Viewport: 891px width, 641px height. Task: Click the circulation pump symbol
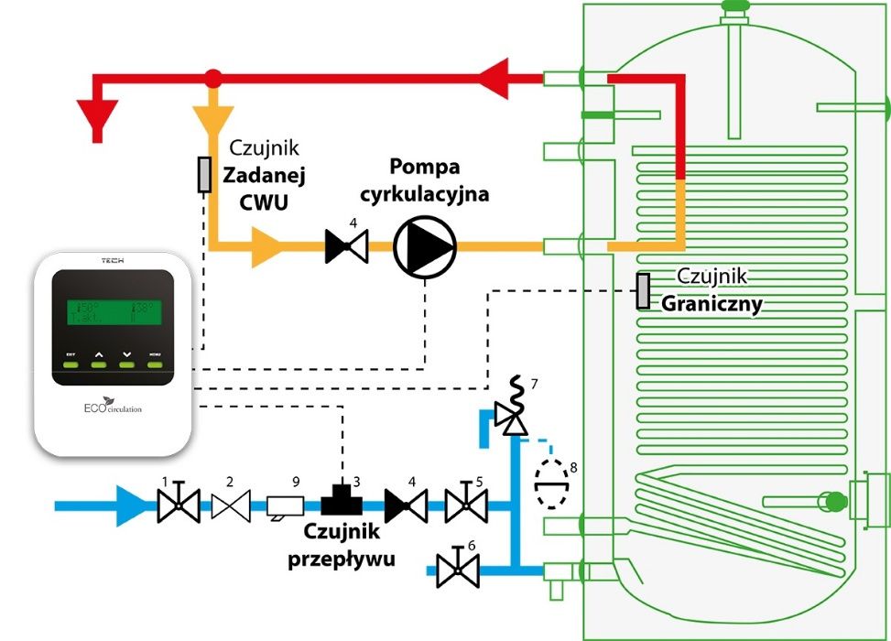pos(425,246)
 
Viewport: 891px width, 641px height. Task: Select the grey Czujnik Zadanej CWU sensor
pos(204,175)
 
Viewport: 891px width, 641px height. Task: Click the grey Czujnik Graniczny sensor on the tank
pos(644,291)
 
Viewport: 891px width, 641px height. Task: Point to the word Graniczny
pos(712,304)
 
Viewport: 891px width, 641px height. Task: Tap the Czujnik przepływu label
pos(342,544)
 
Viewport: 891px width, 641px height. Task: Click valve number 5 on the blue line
pos(465,505)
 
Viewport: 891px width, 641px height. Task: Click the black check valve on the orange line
pos(347,246)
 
